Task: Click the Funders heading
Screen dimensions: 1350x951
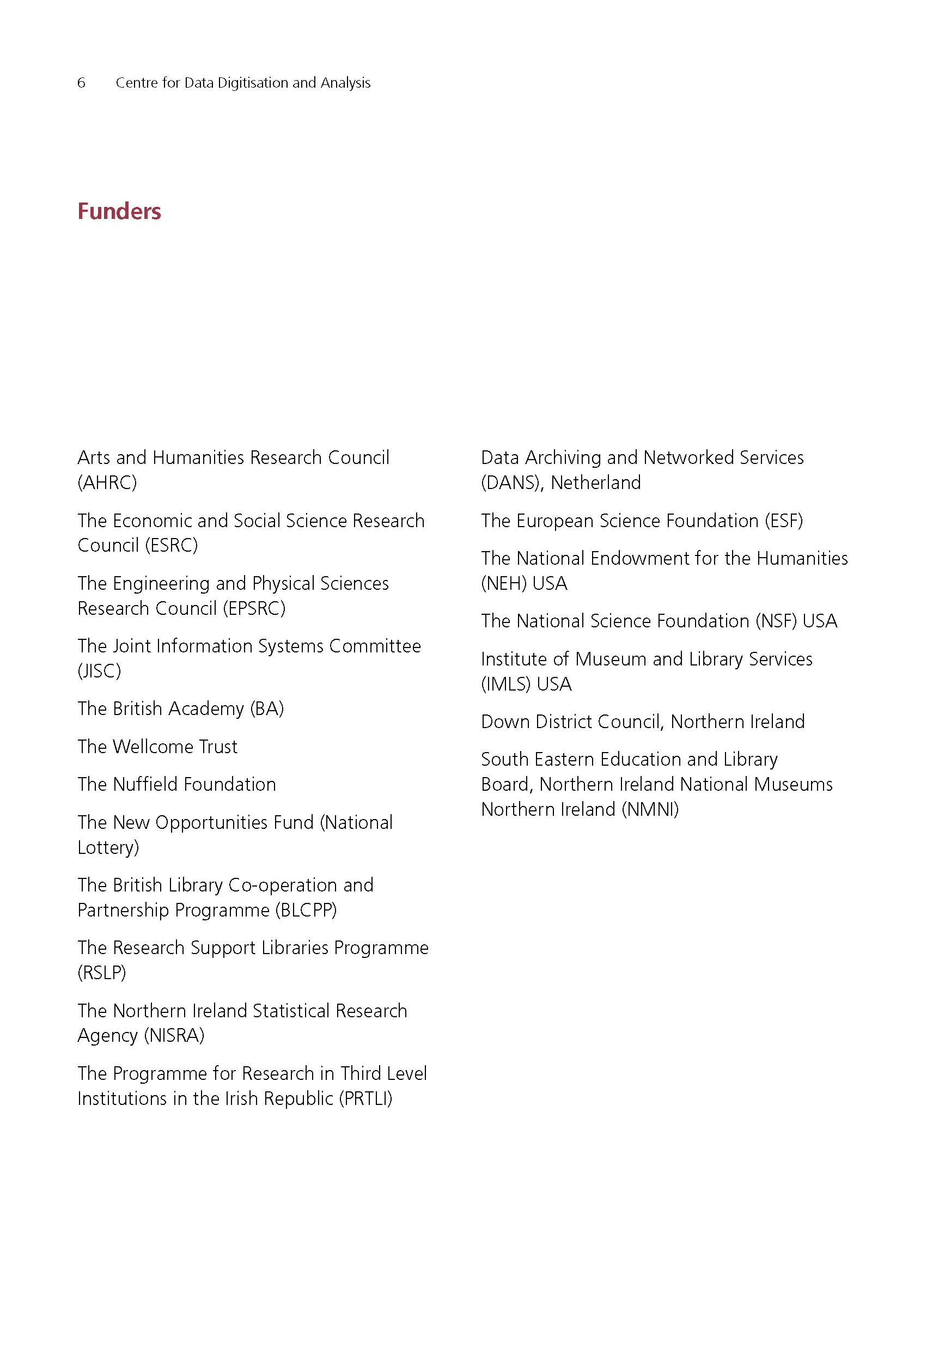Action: pyautogui.click(x=119, y=212)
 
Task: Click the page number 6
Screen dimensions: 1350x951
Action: pyautogui.click(x=81, y=83)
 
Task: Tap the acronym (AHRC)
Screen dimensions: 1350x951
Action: pyautogui.click(x=107, y=482)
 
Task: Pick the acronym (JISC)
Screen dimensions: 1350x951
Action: pyautogui.click(x=99, y=671)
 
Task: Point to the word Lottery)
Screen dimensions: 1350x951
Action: pyautogui.click(x=108, y=847)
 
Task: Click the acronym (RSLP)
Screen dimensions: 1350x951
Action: pyautogui.click(x=102, y=973)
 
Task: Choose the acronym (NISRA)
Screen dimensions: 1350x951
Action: pyautogui.click(x=174, y=1035)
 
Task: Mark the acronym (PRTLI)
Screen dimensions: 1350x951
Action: pyautogui.click(x=365, y=1098)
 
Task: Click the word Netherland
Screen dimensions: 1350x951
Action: pyautogui.click(x=595, y=482)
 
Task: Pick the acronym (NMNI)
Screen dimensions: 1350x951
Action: pyautogui.click(x=650, y=810)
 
